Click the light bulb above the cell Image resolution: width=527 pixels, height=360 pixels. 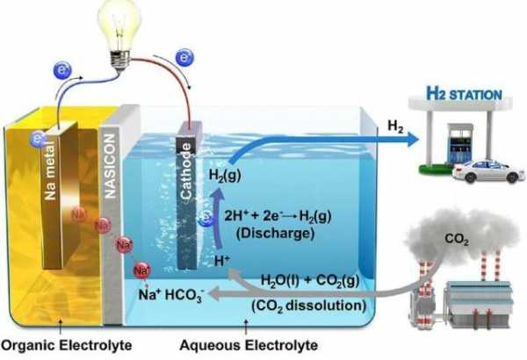[x=119, y=33]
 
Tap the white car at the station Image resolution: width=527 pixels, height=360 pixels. [x=488, y=171]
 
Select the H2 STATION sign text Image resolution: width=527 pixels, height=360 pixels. [x=464, y=94]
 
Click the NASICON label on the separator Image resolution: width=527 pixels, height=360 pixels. [x=111, y=166]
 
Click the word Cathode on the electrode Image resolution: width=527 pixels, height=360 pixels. [x=186, y=170]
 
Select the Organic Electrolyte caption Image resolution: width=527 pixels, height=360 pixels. [x=66, y=345]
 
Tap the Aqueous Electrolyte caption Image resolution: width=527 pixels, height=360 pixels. [x=249, y=345]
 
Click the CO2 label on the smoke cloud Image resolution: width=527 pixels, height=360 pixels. [x=457, y=239]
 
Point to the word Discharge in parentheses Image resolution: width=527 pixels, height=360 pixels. [x=275, y=233]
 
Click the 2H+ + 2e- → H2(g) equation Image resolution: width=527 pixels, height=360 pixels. [x=278, y=216]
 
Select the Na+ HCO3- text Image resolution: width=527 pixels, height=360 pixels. [x=171, y=295]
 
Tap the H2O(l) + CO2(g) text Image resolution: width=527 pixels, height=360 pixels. [x=310, y=281]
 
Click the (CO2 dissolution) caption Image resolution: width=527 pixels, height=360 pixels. [x=309, y=306]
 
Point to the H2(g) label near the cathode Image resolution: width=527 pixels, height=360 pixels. [x=225, y=176]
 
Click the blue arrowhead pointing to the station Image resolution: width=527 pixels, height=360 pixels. [x=413, y=139]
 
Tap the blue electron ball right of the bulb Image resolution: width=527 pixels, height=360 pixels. [x=184, y=57]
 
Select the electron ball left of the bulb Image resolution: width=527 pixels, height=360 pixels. [x=62, y=70]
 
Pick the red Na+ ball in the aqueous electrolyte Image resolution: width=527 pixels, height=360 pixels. [x=141, y=270]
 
